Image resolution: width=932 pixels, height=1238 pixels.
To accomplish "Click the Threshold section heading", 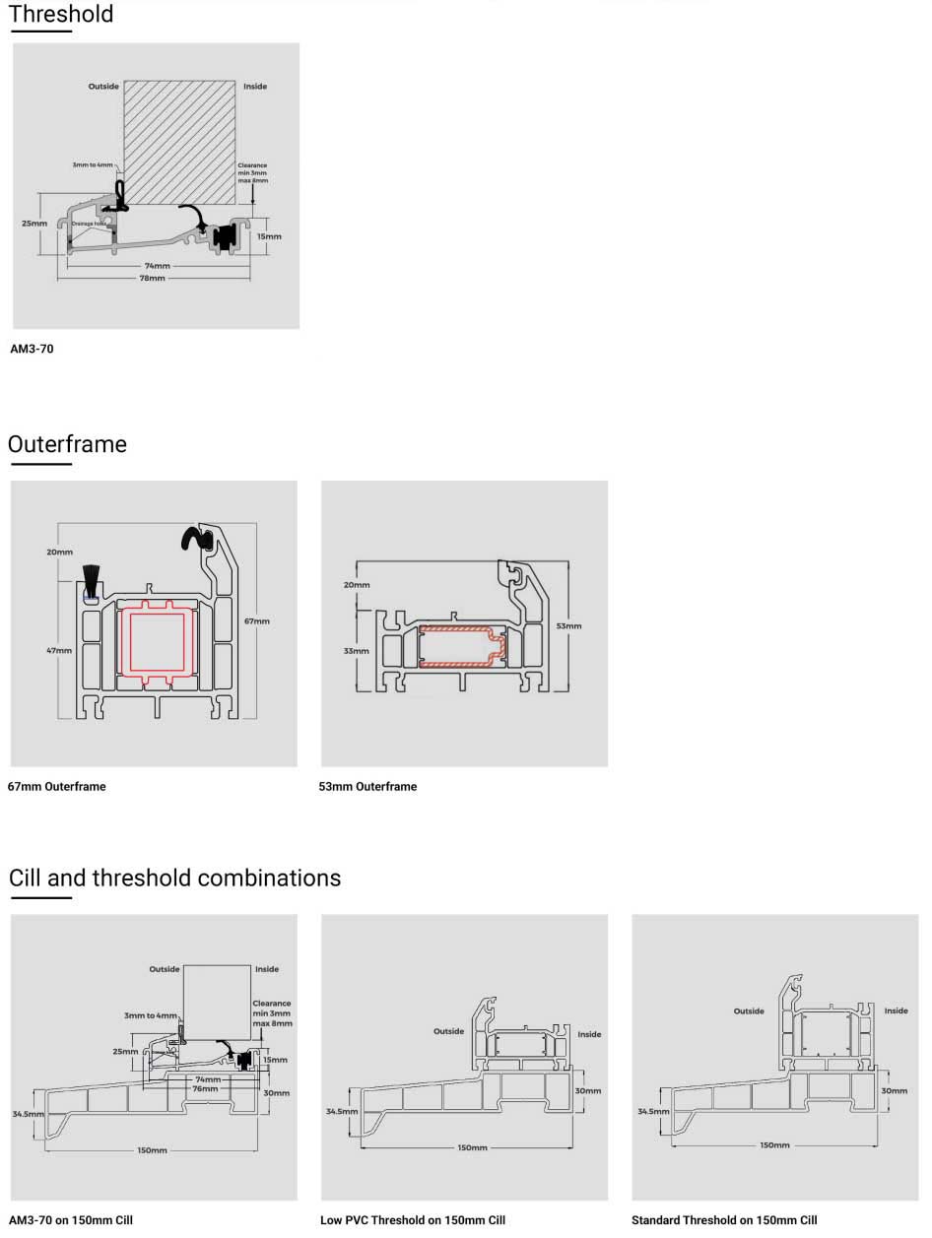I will click(61, 15).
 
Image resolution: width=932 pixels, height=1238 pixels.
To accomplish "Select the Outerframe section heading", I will click(67, 444).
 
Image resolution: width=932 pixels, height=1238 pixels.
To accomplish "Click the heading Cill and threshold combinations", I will click(174, 878).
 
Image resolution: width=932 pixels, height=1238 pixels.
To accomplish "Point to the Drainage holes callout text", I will click(88, 224).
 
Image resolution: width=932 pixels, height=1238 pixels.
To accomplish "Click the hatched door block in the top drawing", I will click(179, 141).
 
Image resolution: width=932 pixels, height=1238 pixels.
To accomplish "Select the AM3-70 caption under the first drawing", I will click(32, 349).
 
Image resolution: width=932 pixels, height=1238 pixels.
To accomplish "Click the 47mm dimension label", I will click(58, 650).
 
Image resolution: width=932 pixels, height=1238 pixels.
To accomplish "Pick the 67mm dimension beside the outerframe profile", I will click(256, 621).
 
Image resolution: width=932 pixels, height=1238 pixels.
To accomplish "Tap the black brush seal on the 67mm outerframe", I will click(92, 578).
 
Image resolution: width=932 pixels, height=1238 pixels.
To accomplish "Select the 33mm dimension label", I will click(356, 651).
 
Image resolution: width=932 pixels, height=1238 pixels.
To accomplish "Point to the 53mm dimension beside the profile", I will click(568, 625).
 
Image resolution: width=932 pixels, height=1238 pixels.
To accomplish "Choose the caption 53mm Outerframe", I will click(367, 787).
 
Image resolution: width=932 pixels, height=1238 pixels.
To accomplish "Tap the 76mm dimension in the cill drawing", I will click(205, 1088).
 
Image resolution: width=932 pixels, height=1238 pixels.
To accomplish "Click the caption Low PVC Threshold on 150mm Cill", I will click(413, 1220).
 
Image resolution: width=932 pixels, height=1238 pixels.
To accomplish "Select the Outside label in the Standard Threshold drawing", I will click(749, 1011).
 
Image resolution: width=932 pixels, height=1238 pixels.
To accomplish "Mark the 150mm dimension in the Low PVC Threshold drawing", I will click(473, 1148).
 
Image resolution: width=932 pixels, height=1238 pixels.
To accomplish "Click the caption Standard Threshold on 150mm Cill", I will click(724, 1220).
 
